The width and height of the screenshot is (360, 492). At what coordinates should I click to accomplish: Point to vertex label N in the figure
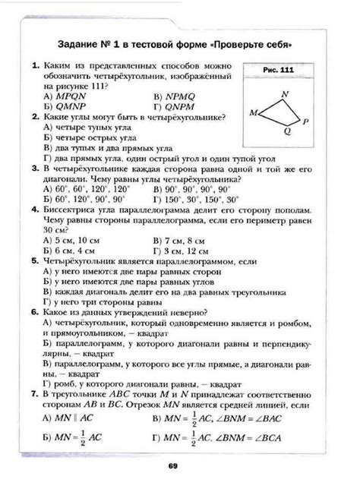pyautogui.click(x=285, y=96)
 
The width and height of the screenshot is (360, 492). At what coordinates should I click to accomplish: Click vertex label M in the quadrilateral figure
pyautogui.click(x=254, y=112)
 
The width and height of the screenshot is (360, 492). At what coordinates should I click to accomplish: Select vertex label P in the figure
pyautogui.click(x=305, y=121)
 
